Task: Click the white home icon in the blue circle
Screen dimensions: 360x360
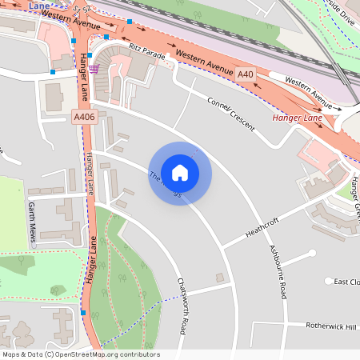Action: click(x=180, y=172)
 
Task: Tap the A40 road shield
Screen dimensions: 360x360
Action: click(x=246, y=74)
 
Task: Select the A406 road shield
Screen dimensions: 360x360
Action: click(x=83, y=117)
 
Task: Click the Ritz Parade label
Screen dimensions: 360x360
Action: click(x=146, y=51)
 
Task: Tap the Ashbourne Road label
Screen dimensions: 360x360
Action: click(x=278, y=272)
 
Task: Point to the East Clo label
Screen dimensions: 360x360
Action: click(x=347, y=282)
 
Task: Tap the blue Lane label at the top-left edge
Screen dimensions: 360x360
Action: click(x=37, y=5)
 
